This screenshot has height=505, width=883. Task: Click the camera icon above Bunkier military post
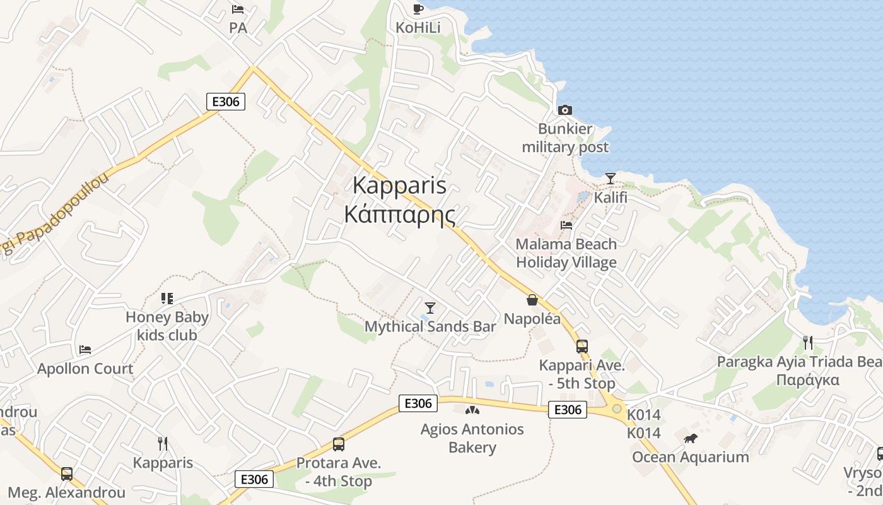pos(564,110)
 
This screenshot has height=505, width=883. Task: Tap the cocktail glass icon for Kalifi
pos(610,178)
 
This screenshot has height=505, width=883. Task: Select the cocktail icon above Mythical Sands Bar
pos(430,307)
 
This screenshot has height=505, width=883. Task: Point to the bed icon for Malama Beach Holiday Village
pos(566,225)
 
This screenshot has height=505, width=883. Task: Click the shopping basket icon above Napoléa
pos(532,300)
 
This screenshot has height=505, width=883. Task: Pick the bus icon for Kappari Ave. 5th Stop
pos(582,346)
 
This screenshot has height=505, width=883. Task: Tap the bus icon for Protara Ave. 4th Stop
pos(339,444)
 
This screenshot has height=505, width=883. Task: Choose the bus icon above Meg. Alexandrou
pos(67,473)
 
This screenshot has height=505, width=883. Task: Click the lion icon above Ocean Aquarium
pos(691,437)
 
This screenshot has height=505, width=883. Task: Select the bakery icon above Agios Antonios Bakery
pos(472,410)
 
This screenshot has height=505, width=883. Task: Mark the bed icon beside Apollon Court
pos(85,349)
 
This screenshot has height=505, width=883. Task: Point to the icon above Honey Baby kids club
pos(167,298)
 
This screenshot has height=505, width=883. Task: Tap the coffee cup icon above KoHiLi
pos(418,8)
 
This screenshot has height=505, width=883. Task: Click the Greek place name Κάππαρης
pos(399,214)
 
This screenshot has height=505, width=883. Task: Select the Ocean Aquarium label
pos(690,457)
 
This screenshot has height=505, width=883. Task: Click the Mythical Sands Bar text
pos(430,326)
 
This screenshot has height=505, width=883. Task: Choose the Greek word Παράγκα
pos(807,380)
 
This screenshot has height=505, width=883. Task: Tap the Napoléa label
pos(532,318)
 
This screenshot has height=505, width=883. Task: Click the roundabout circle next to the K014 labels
pos(616,408)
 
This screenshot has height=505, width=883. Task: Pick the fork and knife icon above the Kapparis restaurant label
pos(163,443)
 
